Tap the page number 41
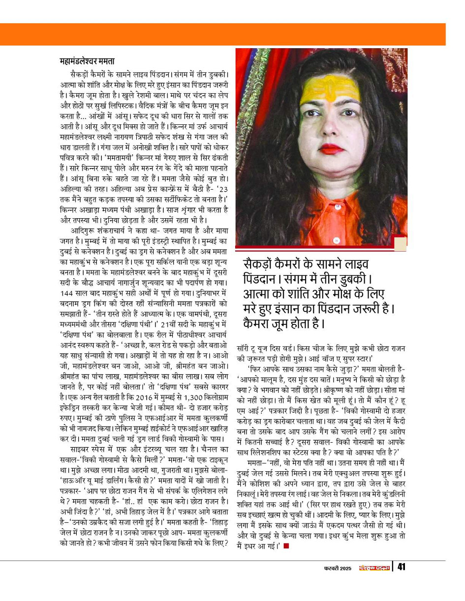[401, 567]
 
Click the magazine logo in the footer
[374, 568]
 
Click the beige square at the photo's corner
[400, 243]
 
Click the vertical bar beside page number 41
[393, 567]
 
